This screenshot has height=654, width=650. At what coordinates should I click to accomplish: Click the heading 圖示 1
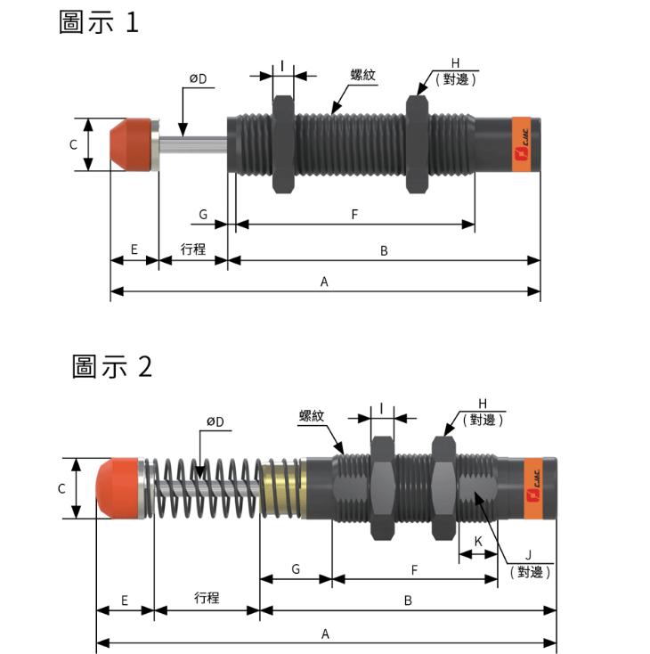point(99,22)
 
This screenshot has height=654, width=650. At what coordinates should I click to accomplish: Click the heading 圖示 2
point(112,365)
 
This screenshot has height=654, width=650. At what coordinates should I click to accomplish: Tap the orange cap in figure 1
point(129,143)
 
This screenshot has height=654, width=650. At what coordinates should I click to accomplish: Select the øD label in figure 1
point(197,78)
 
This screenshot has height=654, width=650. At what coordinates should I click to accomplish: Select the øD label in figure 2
point(215,421)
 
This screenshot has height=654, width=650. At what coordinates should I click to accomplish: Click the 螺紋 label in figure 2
point(313,416)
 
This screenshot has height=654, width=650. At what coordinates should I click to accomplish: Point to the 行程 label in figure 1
point(193,249)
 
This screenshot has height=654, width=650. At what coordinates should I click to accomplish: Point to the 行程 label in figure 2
point(207,598)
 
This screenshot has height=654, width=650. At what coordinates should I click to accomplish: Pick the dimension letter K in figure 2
point(478,541)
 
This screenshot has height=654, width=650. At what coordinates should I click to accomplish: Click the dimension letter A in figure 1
point(325,282)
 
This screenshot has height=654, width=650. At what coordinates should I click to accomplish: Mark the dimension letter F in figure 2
point(414,568)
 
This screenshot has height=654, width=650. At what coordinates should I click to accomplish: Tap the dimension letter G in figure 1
point(203,215)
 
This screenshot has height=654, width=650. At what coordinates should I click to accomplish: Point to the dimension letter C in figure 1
point(73,144)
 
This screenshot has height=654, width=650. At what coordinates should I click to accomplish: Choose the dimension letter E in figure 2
point(124,601)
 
